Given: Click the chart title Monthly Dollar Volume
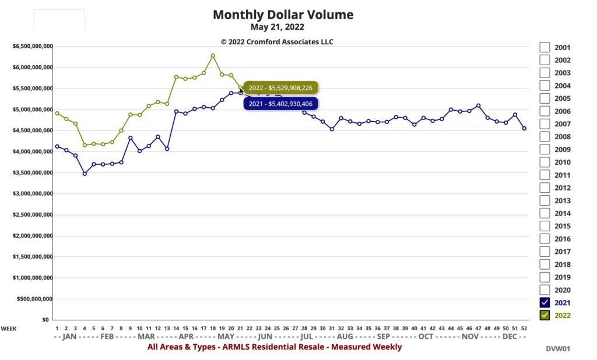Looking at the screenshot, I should pos(283,15).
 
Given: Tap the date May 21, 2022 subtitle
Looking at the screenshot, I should pos(278,27).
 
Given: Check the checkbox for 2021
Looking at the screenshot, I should pos(545,302).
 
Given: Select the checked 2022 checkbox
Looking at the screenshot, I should pos(545,315).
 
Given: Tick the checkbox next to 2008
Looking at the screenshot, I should pos(545,136).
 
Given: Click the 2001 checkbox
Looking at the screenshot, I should pos(545,47).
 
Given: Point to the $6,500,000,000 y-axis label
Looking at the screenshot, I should pos(33,46).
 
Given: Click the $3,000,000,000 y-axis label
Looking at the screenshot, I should pos(33,193).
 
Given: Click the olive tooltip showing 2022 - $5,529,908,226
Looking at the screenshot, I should pos(280,88).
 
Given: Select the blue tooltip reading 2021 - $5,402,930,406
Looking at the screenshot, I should pos(280,104).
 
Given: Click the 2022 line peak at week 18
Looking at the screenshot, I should pos(213,56).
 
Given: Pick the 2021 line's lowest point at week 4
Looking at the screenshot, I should pos(85,174).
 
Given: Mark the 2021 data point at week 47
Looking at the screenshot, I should pos(478,106).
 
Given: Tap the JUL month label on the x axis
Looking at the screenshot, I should pos(307,337).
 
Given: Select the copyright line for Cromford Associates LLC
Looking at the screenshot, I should pos(277,41).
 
